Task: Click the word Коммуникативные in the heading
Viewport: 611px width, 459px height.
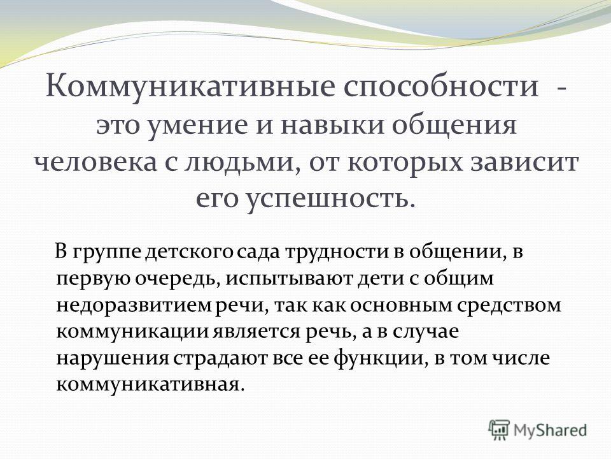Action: pyautogui.click(x=190, y=86)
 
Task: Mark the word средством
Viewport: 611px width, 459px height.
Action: pyautogui.click(x=509, y=306)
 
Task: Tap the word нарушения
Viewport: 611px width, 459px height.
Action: pyautogui.click(x=113, y=359)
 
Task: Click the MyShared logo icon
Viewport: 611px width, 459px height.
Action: pyautogui.click(x=499, y=430)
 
